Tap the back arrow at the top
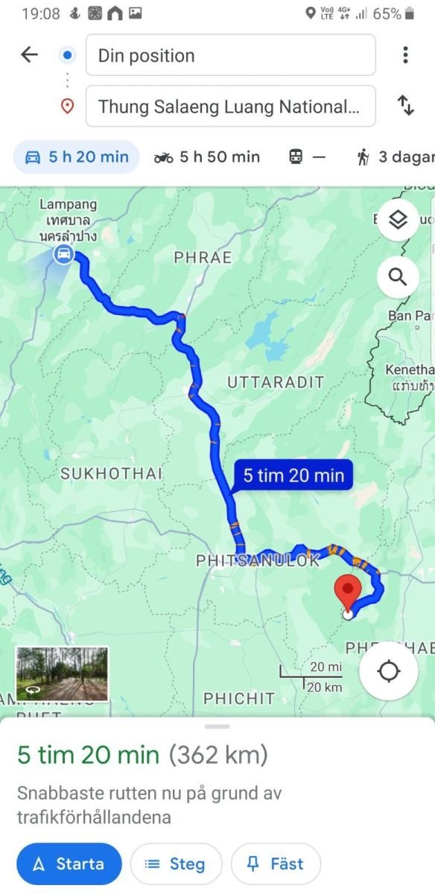tap(29, 54)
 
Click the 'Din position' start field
tap(230, 55)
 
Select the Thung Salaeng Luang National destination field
tap(230, 107)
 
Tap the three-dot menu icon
tap(405, 55)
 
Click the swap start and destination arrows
tap(406, 106)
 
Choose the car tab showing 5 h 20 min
tap(77, 156)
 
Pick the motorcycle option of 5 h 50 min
tap(207, 156)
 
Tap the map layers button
tap(398, 220)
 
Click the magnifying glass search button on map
tap(398, 278)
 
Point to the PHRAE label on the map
tap(203, 258)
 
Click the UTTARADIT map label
tap(276, 382)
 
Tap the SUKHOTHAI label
tap(112, 473)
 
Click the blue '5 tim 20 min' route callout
tap(293, 475)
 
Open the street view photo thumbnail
tap(62, 674)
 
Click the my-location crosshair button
tap(389, 671)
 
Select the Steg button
tap(176, 864)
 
